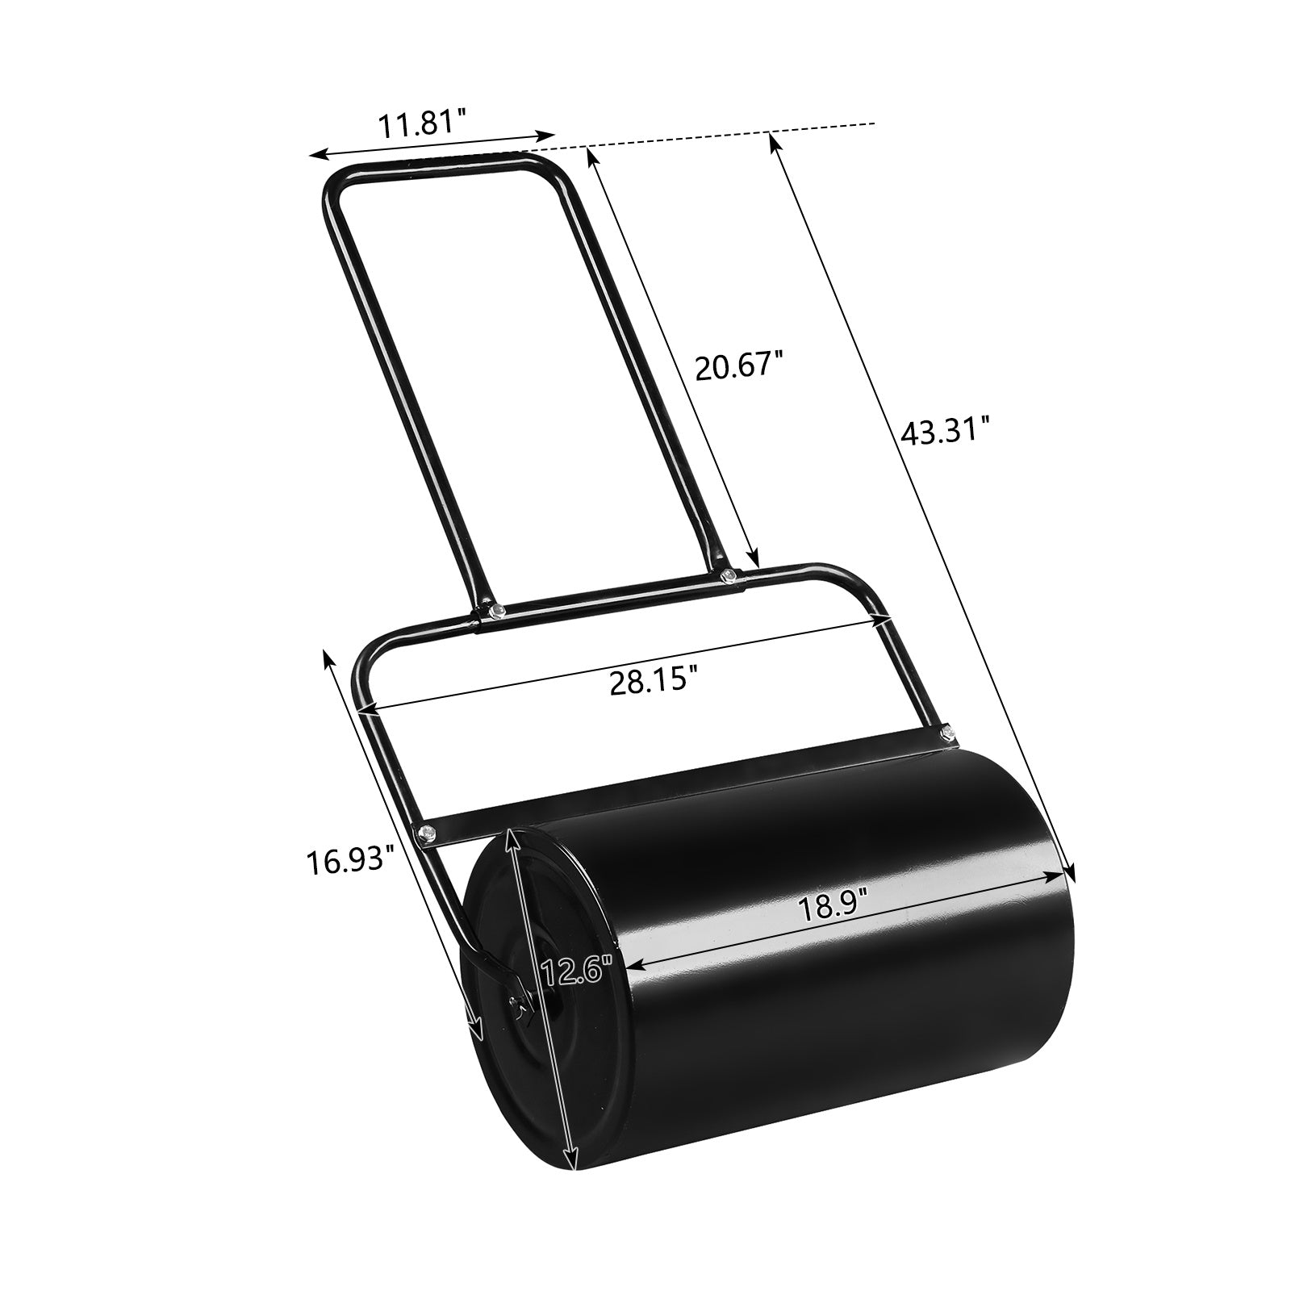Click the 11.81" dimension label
pos(423,127)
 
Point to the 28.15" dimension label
pos(651,681)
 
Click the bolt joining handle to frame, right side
pos(729,574)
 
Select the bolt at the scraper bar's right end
pos(945,733)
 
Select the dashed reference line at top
pos(726,136)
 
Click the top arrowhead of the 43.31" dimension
pos(773,142)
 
